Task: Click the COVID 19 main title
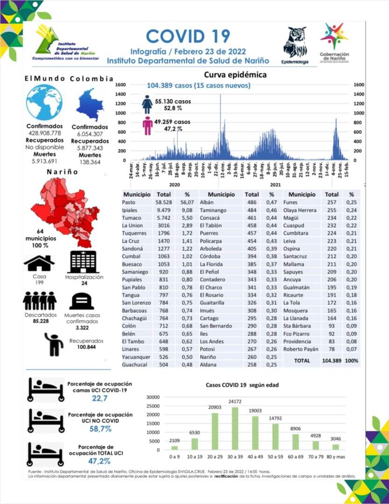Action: tap(188, 35)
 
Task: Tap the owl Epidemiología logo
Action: tap(295, 43)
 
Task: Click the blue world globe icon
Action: tap(44, 103)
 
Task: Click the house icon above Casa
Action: tap(39, 263)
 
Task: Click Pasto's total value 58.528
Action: tap(164, 202)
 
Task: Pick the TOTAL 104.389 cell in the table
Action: tap(332, 361)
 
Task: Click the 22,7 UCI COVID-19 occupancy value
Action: tap(97, 398)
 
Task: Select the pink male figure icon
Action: tap(148, 126)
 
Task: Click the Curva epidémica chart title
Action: tap(235, 75)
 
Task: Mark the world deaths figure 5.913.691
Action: tap(44, 161)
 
